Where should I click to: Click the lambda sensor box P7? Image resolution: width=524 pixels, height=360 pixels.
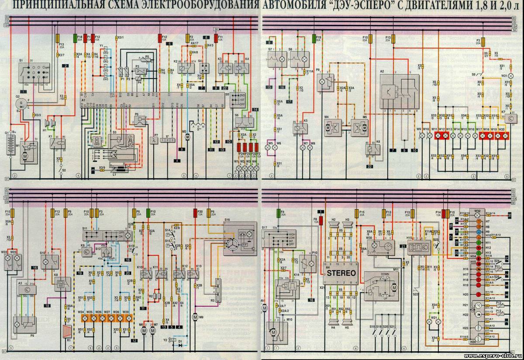154,141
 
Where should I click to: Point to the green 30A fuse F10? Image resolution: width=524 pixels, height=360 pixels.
148,213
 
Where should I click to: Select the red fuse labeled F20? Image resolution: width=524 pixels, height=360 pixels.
195,213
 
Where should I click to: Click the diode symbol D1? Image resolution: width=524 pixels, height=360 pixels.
180,345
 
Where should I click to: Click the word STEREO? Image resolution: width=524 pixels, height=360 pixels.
341,273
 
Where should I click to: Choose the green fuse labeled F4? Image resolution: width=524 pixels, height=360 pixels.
277,214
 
